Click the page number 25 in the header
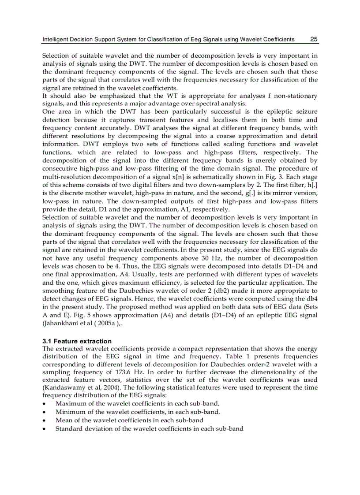(314, 39)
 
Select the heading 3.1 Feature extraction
(77, 341)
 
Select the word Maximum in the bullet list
(70, 403)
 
